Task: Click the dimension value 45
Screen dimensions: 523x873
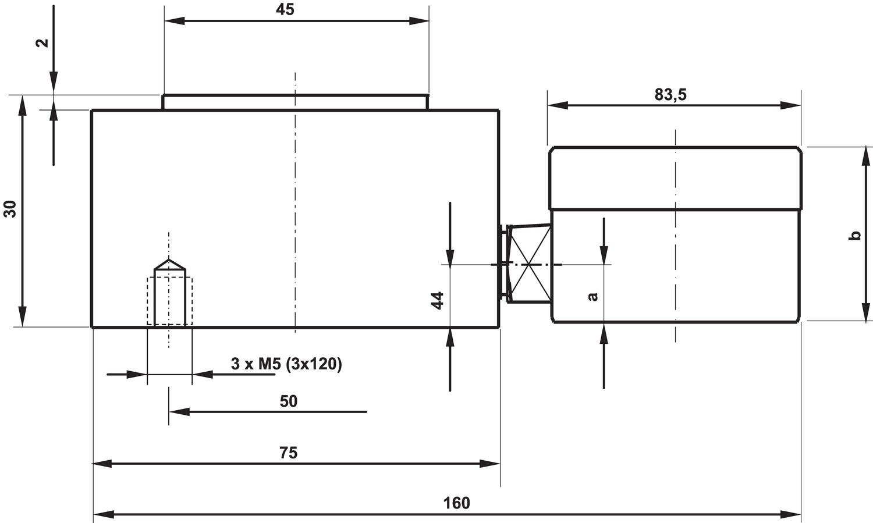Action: (x=285, y=9)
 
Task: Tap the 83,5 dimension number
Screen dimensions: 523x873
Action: (x=670, y=95)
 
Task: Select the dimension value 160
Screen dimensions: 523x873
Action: (x=456, y=503)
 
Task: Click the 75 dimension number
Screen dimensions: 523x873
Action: (x=288, y=453)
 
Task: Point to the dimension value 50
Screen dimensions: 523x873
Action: (x=288, y=401)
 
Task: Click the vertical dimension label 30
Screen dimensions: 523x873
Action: (x=10, y=208)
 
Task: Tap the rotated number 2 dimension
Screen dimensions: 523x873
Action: (x=42, y=43)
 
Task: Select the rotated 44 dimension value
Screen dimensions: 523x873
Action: (x=438, y=300)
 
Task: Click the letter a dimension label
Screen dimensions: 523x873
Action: (x=593, y=296)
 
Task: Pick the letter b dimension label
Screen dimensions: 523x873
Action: (x=856, y=235)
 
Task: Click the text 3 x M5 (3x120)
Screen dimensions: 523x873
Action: (x=286, y=364)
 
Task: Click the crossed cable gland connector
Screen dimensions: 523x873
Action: (x=528, y=264)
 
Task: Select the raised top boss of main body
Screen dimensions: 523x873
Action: (x=295, y=102)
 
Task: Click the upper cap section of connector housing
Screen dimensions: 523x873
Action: (x=675, y=177)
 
